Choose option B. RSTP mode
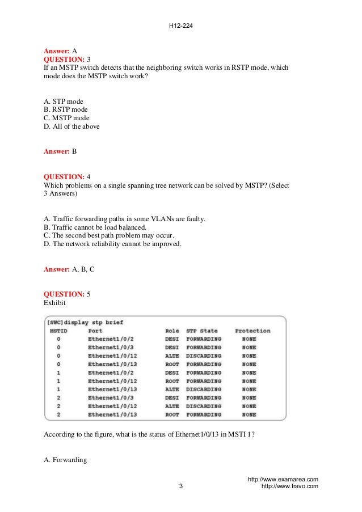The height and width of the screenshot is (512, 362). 66,109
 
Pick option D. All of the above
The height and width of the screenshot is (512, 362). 71,126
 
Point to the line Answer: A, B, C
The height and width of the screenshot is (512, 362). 69,269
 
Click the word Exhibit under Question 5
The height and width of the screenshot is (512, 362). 55,303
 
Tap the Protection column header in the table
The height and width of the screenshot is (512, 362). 252,331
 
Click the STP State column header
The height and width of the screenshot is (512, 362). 201,331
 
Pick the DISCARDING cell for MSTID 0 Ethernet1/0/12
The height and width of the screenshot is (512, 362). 204,356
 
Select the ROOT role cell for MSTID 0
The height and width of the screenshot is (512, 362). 172,364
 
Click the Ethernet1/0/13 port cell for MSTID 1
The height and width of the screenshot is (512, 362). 112,390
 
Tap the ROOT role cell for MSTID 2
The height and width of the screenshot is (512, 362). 172,415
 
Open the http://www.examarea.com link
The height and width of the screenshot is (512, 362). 283,479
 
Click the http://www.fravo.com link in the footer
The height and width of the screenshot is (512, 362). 289,486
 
